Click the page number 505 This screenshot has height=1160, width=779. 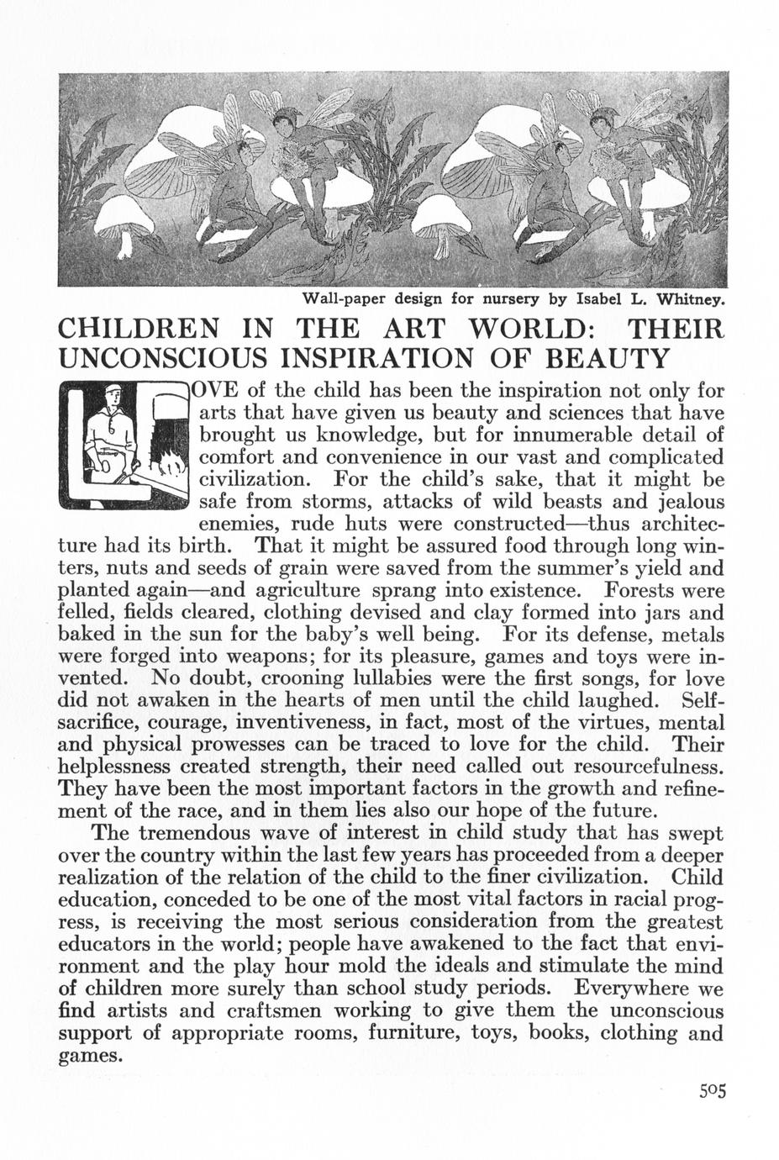710,1091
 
